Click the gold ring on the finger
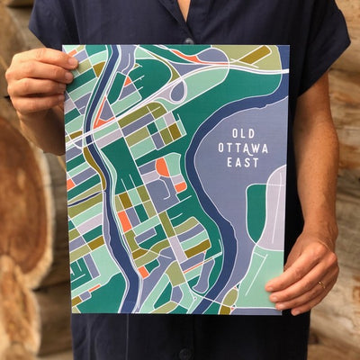coord(321,285)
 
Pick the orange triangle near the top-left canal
coord(103,114)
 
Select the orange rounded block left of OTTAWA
coord(163,166)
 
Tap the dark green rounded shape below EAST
coord(256,212)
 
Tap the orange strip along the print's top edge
coord(191,57)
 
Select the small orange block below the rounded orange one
coord(179,187)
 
